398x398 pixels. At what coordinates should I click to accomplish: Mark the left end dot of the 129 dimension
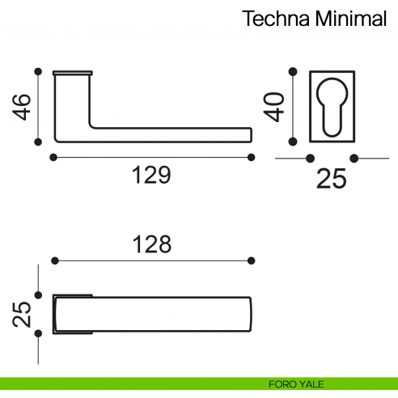click(53, 157)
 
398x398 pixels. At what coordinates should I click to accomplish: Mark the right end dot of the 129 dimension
click(251, 157)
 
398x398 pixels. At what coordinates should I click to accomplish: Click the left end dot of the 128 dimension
click(55, 260)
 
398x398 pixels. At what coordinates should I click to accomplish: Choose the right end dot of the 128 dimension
click(251, 260)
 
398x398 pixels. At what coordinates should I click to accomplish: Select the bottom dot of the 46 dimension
click(37, 142)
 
